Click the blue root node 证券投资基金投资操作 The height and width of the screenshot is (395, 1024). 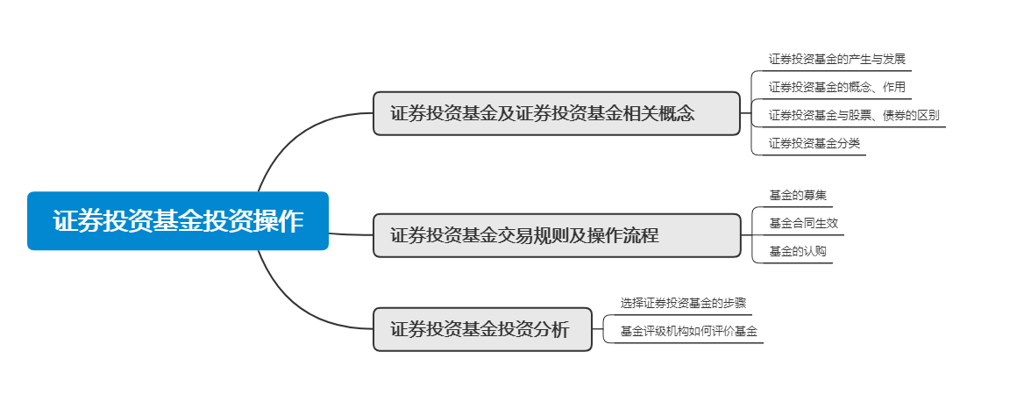(178, 221)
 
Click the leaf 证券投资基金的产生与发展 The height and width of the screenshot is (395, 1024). (836, 60)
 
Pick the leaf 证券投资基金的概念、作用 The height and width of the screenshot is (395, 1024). (836, 87)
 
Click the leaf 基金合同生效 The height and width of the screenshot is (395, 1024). (803, 223)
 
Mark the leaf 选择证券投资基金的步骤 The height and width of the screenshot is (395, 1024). (683, 303)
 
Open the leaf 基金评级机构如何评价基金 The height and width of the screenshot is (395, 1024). (688, 331)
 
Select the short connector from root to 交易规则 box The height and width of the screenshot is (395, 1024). (351, 234)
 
